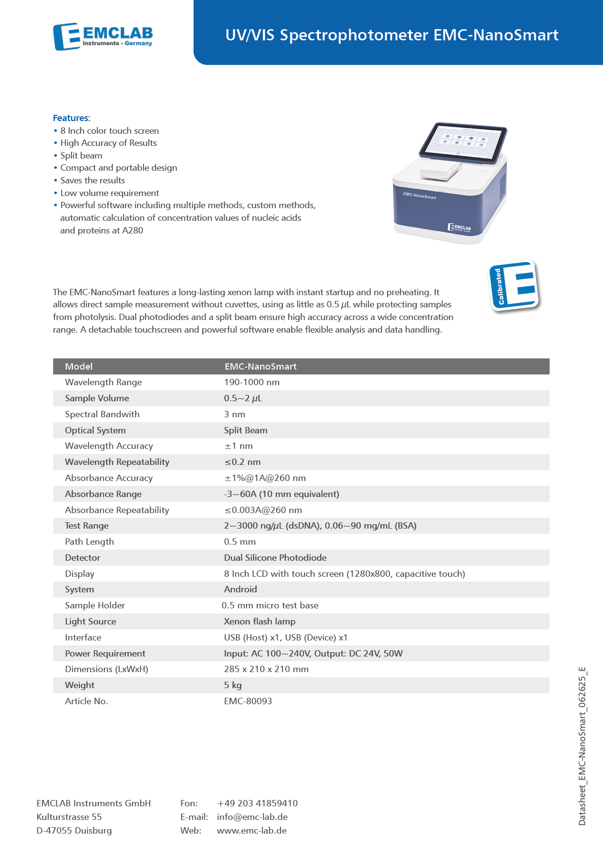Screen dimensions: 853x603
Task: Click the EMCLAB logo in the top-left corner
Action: (103, 36)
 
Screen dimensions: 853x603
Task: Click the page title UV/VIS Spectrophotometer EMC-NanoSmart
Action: (391, 35)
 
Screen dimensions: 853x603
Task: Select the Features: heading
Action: (71, 118)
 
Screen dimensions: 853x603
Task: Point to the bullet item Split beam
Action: (81, 156)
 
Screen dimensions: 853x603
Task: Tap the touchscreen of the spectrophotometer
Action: (462, 141)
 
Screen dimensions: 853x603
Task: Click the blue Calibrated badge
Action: (514, 286)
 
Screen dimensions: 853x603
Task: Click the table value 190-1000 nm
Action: (251, 382)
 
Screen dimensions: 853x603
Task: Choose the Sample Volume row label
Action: (97, 398)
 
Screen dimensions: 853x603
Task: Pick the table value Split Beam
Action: (246, 430)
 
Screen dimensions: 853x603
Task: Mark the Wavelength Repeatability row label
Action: (117, 462)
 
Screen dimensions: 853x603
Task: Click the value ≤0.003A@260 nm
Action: (263, 510)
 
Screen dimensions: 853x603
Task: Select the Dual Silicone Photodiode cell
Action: (275, 558)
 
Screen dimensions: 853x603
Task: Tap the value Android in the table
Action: (240, 589)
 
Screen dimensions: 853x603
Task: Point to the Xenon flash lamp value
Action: (260, 622)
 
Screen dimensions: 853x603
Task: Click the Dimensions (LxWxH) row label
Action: (106, 669)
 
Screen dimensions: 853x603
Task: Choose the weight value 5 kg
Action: (233, 685)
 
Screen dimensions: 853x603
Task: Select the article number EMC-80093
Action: (248, 701)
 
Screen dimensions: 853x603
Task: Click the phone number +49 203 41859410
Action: (257, 803)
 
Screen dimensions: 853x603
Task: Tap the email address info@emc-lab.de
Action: (252, 817)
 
